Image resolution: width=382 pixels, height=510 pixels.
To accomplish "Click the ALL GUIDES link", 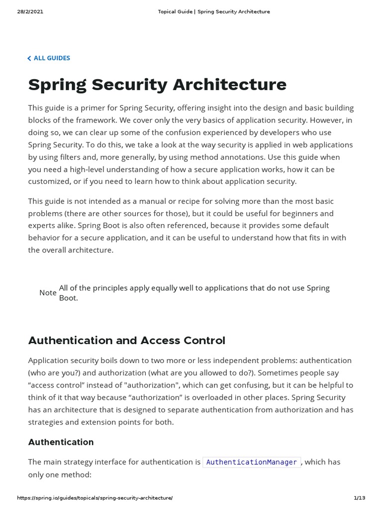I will [52, 58].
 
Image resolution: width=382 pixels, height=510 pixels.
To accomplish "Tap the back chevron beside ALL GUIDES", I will [29, 59].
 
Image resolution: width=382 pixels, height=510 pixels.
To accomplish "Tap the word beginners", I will [299, 213].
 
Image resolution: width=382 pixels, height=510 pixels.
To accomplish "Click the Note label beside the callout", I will [48, 293].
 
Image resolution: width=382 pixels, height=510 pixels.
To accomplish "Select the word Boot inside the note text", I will [68, 298].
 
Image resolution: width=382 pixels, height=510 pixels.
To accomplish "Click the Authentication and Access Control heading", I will [126, 341].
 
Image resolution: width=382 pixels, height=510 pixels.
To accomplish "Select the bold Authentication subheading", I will [61, 442].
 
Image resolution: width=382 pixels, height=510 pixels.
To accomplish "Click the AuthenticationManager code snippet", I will [251, 462].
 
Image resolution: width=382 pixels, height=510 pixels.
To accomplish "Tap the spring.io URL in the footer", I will [95, 498].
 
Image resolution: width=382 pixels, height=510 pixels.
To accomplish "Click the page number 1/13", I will [359, 498].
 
